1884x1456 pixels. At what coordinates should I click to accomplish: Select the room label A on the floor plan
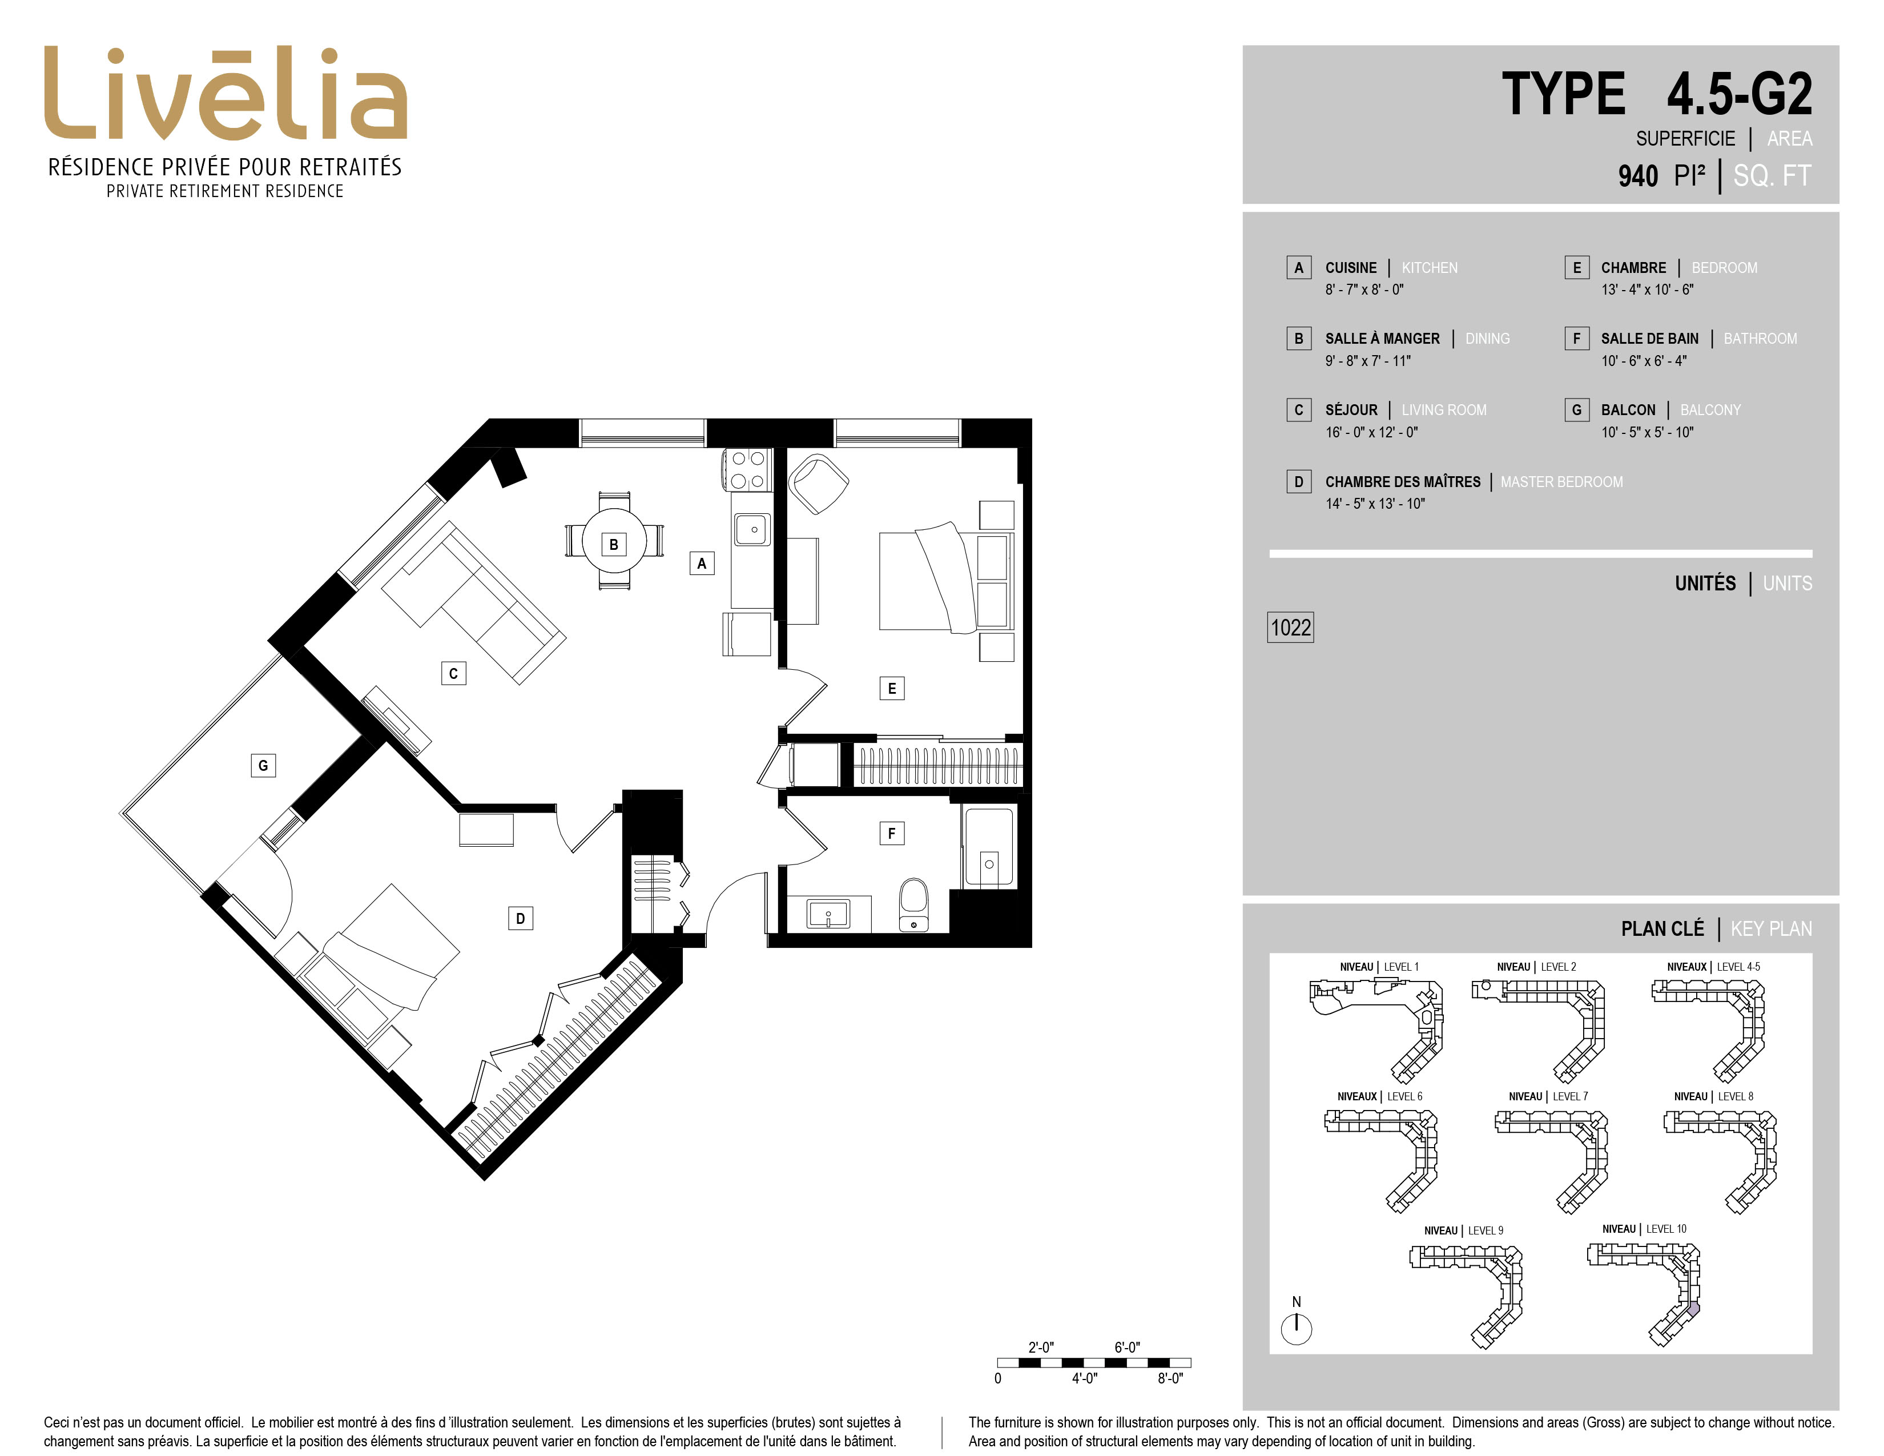tap(701, 563)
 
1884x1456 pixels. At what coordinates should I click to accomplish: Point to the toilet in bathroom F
tap(913, 905)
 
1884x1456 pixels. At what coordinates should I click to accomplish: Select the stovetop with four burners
tap(748, 470)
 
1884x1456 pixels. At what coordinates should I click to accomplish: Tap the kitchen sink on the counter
tap(752, 529)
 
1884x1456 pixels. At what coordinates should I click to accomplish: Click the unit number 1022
tap(1290, 627)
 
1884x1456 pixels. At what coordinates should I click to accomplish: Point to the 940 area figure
tap(1637, 176)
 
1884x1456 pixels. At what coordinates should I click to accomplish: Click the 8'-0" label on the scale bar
tap(1170, 1378)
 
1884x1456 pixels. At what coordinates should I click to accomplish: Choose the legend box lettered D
tap(1298, 481)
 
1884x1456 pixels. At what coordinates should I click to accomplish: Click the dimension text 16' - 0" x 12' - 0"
tap(1371, 432)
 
